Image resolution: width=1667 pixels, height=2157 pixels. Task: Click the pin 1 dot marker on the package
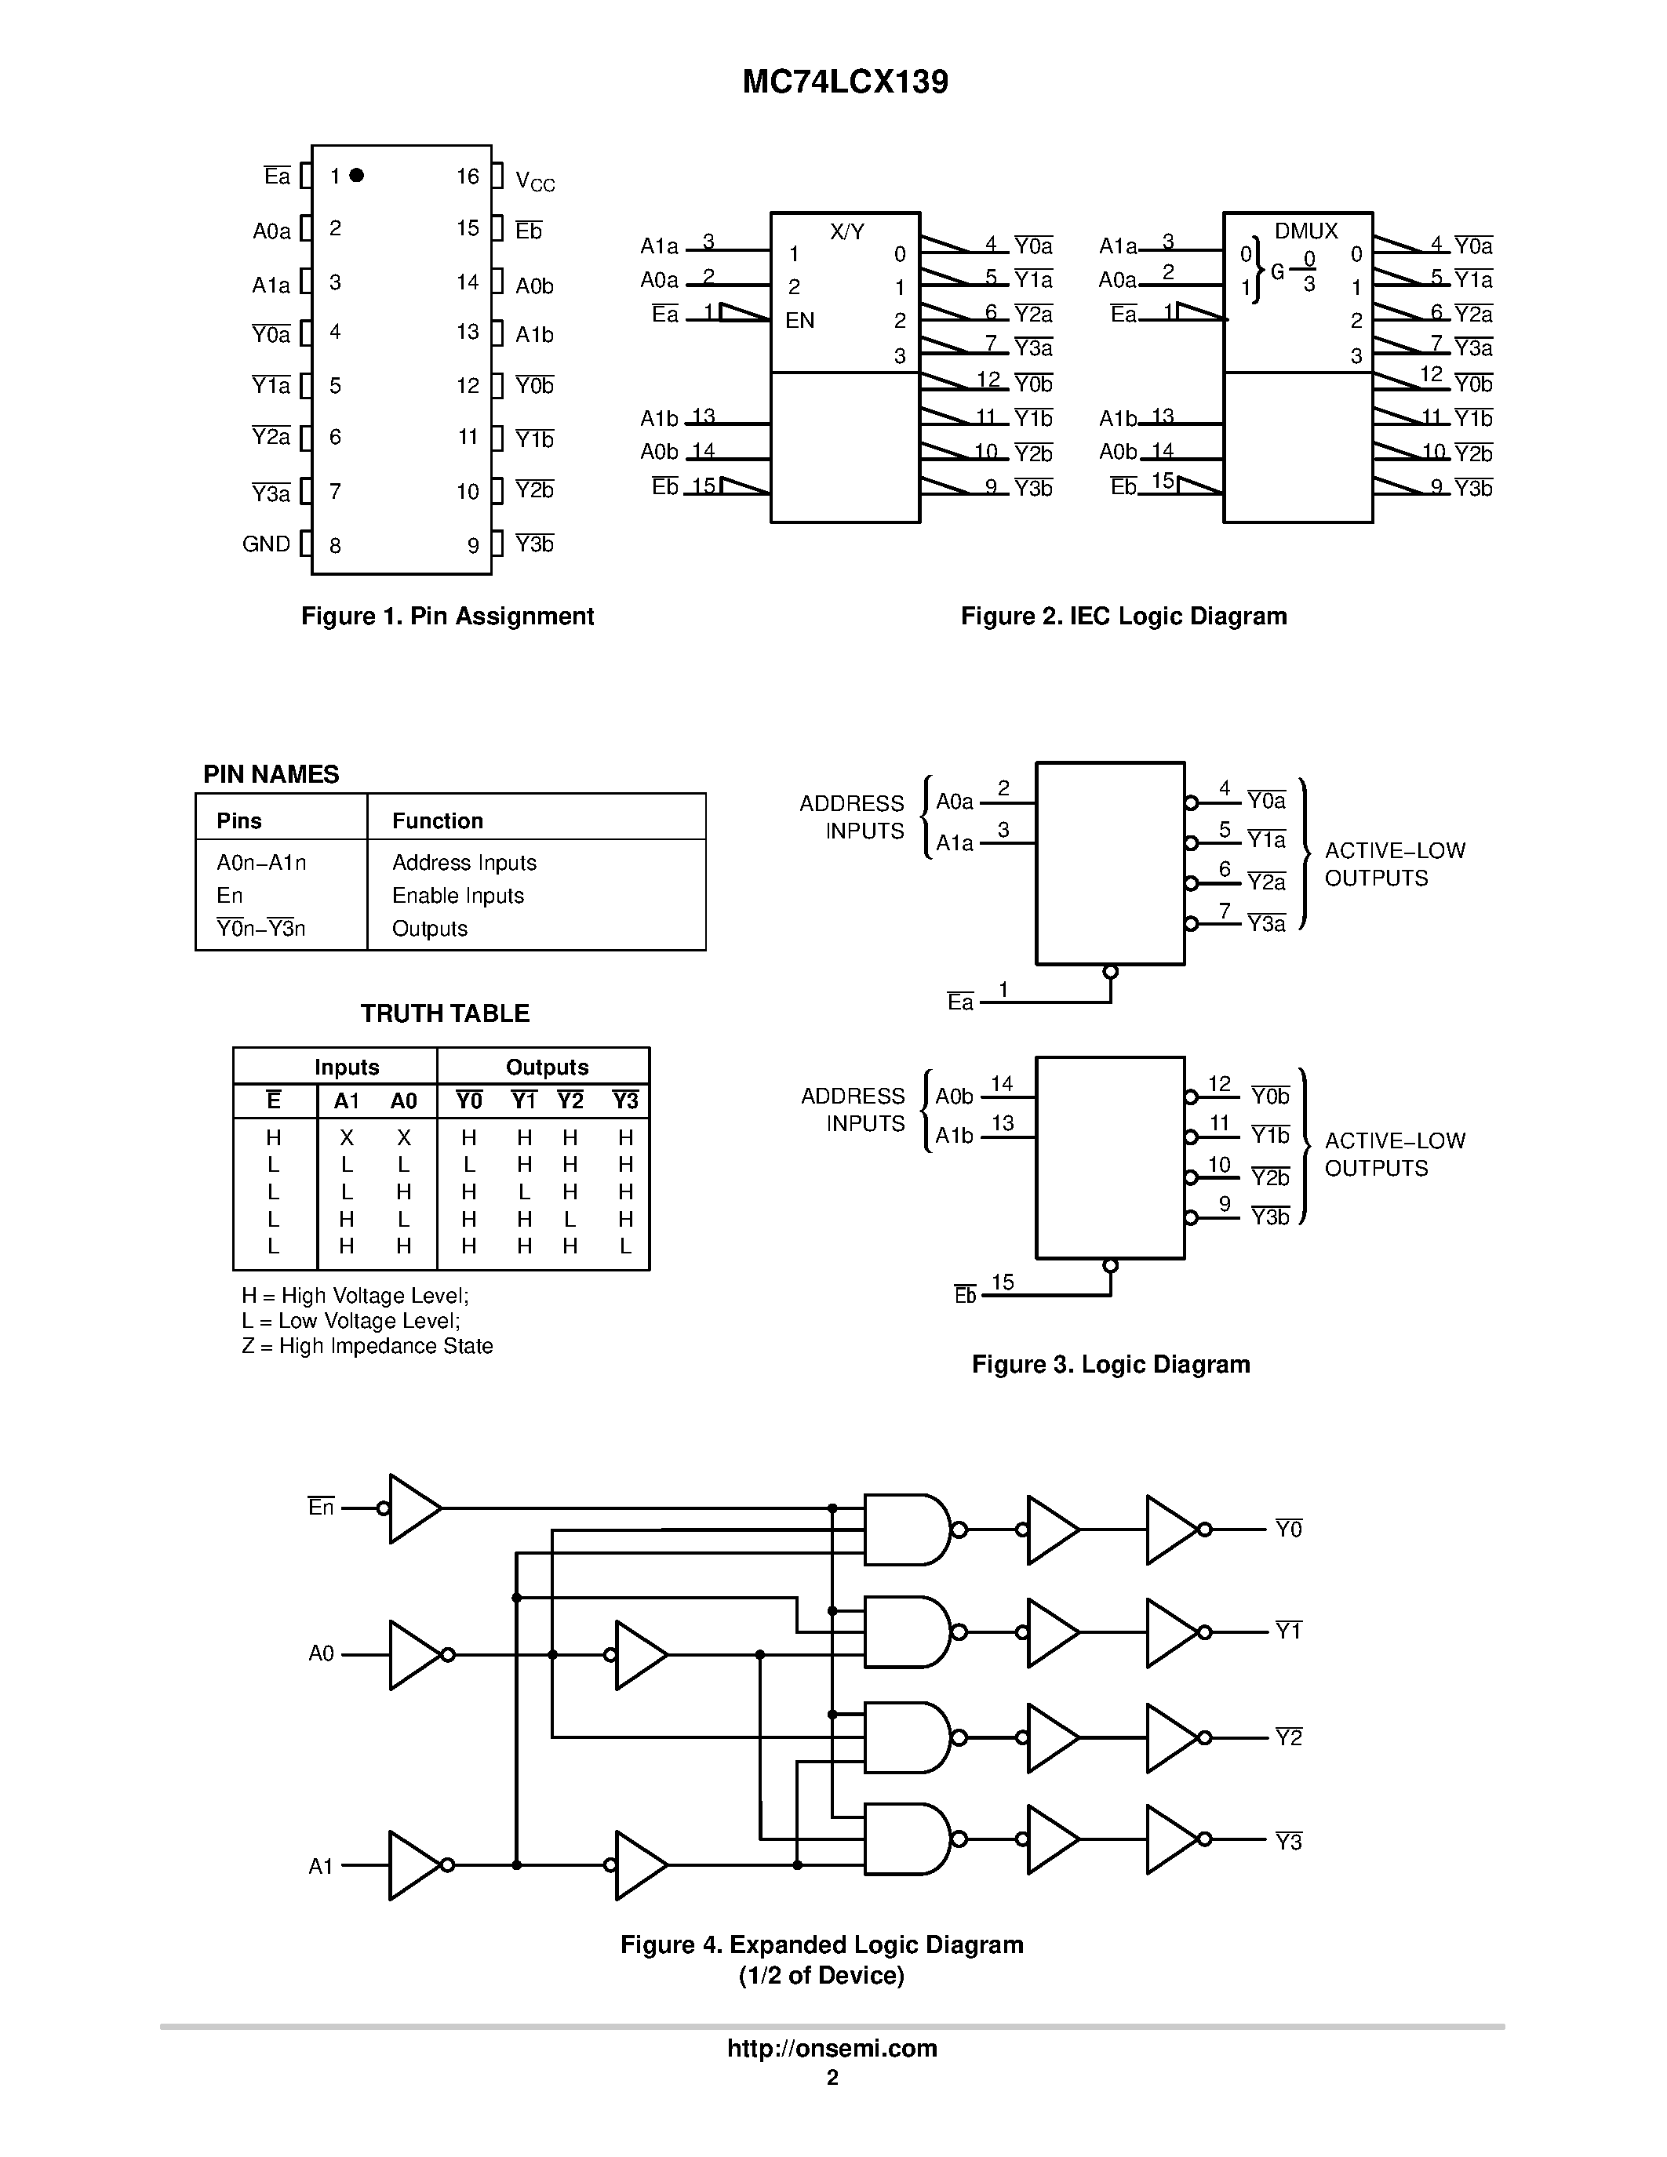click(356, 175)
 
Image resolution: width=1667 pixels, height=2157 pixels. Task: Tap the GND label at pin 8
click(267, 544)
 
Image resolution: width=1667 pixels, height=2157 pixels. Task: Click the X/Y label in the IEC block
click(846, 232)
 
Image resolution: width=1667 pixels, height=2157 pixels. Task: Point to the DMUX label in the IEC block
click(1305, 231)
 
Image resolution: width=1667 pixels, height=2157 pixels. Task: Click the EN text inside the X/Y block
click(800, 320)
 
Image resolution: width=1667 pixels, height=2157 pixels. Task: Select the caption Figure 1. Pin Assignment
click(446, 617)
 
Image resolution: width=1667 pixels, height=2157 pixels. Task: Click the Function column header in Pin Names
click(438, 820)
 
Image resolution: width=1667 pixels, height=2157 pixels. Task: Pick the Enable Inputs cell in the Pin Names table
click(457, 896)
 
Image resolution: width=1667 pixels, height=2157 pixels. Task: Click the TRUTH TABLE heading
click(444, 1013)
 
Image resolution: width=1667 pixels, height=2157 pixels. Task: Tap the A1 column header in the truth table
click(347, 1101)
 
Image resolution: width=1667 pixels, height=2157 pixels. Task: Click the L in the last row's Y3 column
click(625, 1246)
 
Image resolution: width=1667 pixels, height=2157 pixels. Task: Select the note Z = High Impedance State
click(366, 1346)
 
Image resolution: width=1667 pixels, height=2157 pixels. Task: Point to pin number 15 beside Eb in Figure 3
click(1003, 1282)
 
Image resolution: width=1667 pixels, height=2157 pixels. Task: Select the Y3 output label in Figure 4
click(1288, 1842)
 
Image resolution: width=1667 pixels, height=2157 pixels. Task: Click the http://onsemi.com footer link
click(832, 2048)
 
